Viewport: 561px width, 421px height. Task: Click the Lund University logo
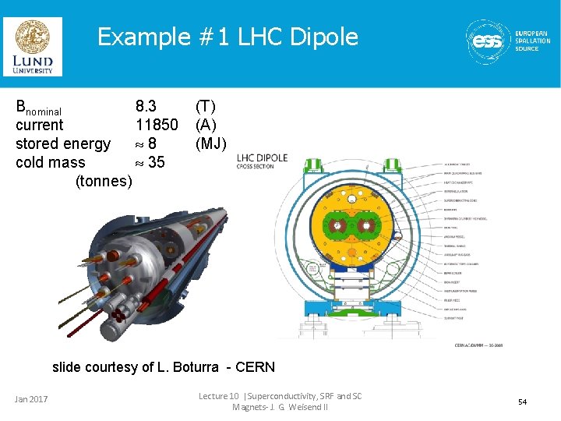point(33,46)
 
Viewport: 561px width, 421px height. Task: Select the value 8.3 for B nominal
point(146,105)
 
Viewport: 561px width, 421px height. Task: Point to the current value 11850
point(157,125)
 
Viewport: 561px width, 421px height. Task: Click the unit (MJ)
point(211,143)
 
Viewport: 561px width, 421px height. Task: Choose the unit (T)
point(206,105)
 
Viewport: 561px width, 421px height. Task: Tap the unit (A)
point(206,125)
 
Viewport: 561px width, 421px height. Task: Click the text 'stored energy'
point(63,143)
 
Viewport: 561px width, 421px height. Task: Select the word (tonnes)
point(104,181)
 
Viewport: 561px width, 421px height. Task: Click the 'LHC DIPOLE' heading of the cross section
point(263,157)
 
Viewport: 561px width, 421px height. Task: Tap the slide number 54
point(522,402)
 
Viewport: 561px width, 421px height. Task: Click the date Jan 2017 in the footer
point(31,400)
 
